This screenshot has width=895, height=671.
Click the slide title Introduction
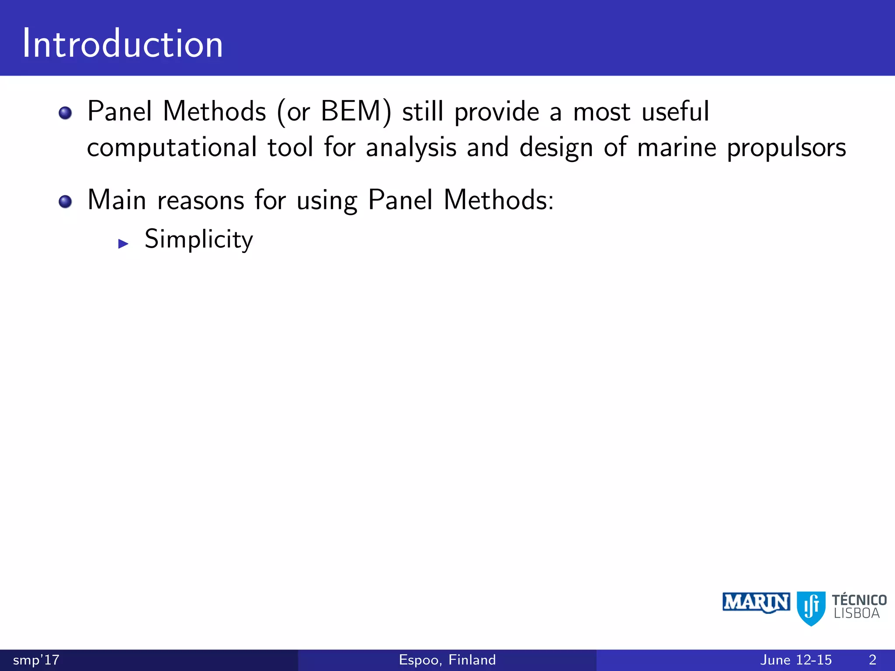point(122,44)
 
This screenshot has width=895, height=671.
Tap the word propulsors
point(786,148)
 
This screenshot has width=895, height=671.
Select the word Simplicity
point(199,239)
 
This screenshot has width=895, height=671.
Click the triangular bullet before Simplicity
point(123,244)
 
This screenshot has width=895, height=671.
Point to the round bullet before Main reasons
point(65,202)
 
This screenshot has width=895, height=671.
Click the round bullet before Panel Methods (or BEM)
point(65,113)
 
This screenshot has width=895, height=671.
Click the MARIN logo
point(756,603)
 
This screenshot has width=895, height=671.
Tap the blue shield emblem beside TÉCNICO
point(811,608)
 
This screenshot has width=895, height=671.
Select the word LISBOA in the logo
point(857,614)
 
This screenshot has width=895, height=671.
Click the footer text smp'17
point(36,660)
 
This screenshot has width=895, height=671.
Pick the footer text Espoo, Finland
point(447,660)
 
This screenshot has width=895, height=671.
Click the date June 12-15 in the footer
point(796,660)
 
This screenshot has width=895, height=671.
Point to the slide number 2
point(872,660)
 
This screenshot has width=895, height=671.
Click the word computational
point(172,148)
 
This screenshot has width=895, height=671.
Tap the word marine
point(676,148)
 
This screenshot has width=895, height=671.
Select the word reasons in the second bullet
point(201,201)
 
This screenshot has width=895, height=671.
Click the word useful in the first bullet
point(675,111)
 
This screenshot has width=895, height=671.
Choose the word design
point(556,148)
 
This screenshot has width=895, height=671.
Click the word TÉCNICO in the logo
point(859,600)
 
